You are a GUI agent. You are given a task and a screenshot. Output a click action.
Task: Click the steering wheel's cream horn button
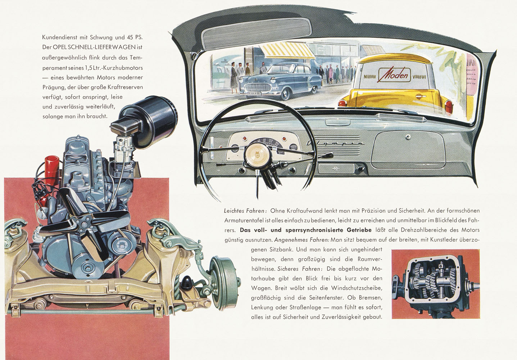click(256, 154)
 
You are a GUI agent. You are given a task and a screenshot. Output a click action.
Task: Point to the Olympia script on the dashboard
click(335, 143)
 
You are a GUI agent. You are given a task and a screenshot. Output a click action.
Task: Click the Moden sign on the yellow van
click(395, 75)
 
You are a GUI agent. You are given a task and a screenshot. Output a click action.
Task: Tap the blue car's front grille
click(258, 87)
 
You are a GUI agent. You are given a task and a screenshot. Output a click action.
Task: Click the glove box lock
click(408, 137)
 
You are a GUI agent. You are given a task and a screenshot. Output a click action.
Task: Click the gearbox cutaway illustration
click(436, 284)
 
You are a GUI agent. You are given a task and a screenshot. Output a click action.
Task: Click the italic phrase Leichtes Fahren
click(246, 211)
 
